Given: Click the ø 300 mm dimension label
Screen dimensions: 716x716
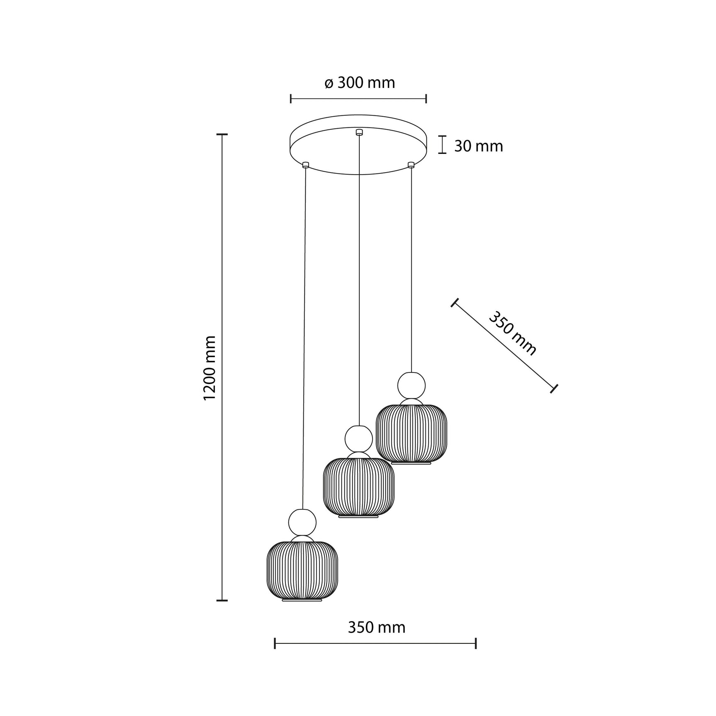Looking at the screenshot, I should coord(359,83).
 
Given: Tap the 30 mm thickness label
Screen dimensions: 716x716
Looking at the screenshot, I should coord(478,146).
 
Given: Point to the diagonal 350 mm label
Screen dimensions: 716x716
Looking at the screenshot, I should coord(513,334).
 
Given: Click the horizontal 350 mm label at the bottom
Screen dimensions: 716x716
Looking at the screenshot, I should coord(376,627).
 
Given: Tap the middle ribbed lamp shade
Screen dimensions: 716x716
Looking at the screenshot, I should coord(358,487).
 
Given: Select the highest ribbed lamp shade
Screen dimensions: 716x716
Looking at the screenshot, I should coord(411,433).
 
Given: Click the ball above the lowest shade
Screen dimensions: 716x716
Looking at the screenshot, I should coord(302,522).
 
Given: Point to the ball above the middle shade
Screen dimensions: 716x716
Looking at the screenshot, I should coord(358,439).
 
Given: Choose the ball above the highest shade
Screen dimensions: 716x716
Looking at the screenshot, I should coord(411,385).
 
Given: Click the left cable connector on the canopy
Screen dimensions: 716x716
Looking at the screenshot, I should coord(306,164).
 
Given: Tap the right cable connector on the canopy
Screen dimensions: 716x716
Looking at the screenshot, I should coord(411,165).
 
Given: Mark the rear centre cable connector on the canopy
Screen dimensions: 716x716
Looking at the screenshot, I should coord(359,132).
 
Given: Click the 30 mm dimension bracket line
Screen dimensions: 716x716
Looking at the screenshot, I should coord(443,145).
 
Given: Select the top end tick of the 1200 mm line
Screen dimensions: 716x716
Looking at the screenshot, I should coord(222,134).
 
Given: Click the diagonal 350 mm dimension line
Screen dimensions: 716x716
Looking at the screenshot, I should coord(504,345).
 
